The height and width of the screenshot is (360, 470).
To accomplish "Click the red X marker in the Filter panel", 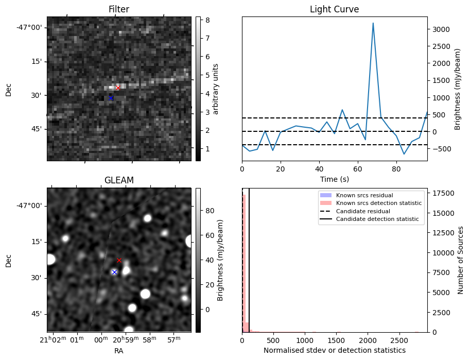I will (x=118, y=88).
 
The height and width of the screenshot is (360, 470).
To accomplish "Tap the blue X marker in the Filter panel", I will (x=111, y=98).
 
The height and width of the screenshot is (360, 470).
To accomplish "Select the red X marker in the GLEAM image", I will (x=119, y=261).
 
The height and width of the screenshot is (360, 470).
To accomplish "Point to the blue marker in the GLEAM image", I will (x=114, y=272).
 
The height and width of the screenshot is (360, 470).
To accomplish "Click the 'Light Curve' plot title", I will (x=334, y=9).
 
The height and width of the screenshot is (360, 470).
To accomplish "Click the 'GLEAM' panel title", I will (x=119, y=180).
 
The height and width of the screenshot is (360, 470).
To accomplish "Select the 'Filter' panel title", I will (x=119, y=9).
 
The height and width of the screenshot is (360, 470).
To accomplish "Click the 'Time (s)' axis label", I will (x=334, y=179).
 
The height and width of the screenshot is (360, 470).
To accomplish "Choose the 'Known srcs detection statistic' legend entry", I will (x=378, y=203).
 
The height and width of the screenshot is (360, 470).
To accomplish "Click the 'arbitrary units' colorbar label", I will (x=216, y=89).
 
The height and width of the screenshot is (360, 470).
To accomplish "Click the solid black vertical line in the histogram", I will (x=249, y=258).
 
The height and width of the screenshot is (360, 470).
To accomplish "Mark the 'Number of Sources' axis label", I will (x=461, y=260).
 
